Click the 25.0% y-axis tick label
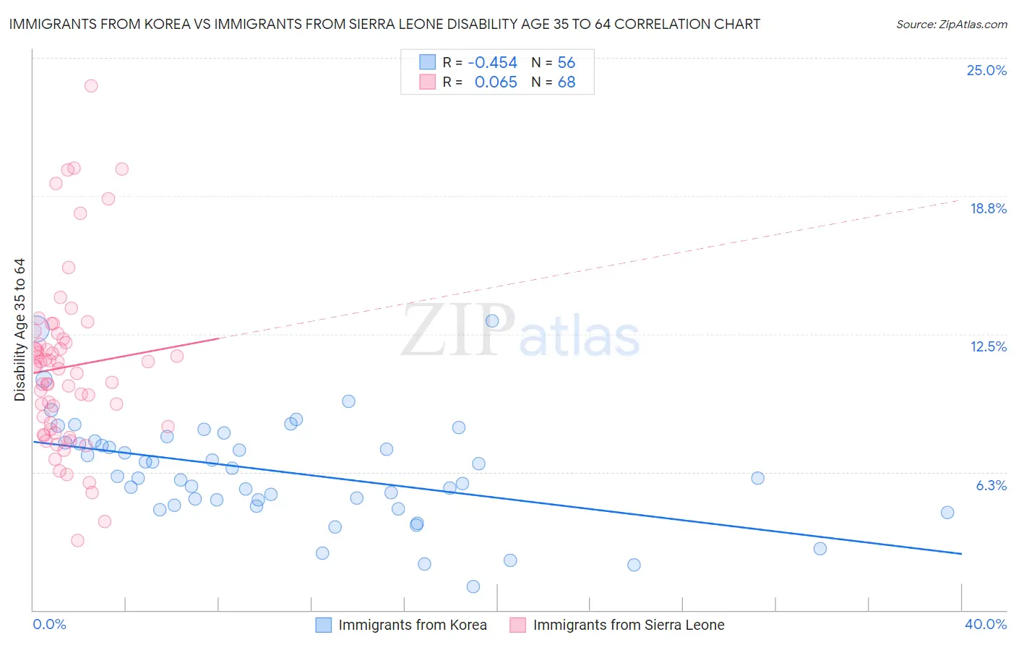point(986,70)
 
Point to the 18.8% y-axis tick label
point(988,208)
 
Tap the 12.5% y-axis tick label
point(988,346)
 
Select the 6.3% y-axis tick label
point(991,485)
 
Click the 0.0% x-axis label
point(49,624)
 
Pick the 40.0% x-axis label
point(985,624)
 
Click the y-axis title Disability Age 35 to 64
point(20,330)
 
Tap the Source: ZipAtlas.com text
point(951,24)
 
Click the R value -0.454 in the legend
point(492,62)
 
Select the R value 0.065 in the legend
point(496,82)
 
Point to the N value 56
point(566,62)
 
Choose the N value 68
point(566,82)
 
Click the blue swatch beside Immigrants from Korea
point(323,625)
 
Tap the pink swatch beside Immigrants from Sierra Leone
point(517,625)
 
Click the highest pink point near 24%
point(91,85)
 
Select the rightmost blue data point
point(947,512)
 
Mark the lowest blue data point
point(473,586)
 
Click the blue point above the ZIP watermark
point(492,321)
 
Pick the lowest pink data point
point(77,540)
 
